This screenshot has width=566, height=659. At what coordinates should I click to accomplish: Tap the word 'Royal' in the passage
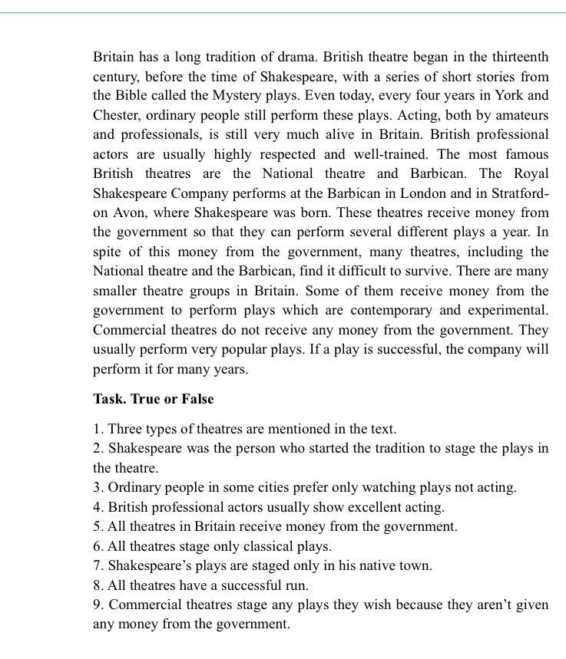[x=531, y=173]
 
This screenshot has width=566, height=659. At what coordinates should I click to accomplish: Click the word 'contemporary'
[x=393, y=310]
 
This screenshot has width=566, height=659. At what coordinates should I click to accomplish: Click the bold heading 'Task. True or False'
[x=154, y=399]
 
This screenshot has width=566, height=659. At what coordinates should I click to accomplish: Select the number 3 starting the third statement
[x=97, y=487]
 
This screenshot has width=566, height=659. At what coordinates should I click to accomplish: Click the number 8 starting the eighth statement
[x=97, y=585]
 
